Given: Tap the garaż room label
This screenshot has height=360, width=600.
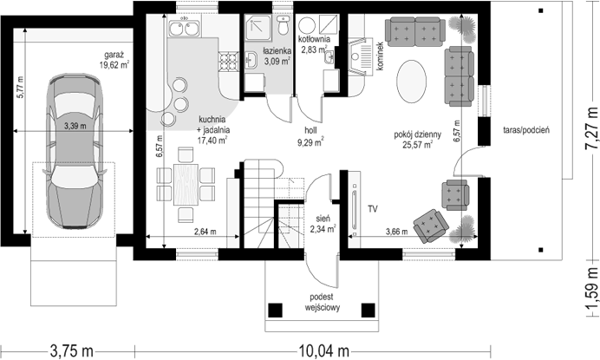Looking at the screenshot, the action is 114,55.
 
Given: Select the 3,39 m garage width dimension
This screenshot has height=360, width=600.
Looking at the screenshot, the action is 75,125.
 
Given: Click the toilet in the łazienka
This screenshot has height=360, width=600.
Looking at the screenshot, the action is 284,25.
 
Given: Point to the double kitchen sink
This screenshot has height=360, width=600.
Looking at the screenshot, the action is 184,27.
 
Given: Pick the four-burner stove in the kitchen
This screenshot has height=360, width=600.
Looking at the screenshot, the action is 228,62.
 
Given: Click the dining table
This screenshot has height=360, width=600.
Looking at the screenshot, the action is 186,185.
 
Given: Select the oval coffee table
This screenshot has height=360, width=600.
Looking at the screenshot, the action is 411,82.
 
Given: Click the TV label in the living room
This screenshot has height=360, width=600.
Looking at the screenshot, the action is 373,209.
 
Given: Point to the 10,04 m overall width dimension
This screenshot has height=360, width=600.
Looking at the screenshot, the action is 323,350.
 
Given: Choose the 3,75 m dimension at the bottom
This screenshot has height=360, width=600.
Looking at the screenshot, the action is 72,350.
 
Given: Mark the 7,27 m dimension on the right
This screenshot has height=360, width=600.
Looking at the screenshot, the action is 592,128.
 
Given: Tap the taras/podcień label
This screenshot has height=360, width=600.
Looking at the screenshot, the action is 526,130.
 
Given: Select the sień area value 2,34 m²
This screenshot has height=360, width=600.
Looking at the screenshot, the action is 323,229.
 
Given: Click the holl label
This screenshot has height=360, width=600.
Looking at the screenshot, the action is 310,131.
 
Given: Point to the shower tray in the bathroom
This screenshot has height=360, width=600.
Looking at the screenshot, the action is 258,28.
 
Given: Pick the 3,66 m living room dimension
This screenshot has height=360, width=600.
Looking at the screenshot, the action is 396,232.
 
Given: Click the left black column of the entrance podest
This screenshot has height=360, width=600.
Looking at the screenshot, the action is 275,311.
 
